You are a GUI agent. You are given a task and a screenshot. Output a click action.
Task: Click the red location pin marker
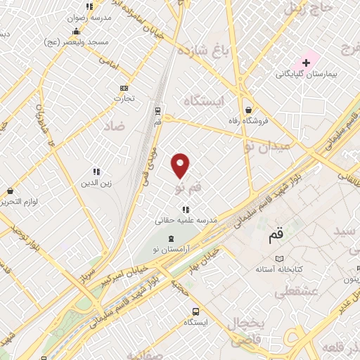pyautogui.click(x=181, y=165)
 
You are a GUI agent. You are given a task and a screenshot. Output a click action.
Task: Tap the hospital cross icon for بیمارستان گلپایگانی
pyautogui.click(x=307, y=63)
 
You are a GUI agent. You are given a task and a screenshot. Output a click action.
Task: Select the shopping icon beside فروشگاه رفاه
pyautogui.click(x=249, y=109)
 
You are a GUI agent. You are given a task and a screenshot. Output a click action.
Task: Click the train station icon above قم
pyautogui.click(x=158, y=110)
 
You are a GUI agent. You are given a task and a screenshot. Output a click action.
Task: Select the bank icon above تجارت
pyautogui.click(x=124, y=87)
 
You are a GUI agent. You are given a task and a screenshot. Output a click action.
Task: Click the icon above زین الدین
pyautogui.click(x=97, y=171)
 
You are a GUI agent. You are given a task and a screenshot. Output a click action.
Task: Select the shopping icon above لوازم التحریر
pyautogui.click(x=11, y=191)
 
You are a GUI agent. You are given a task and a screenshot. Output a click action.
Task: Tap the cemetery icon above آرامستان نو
pyautogui.click(x=171, y=239)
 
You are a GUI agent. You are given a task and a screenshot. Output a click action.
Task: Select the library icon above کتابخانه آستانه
pyautogui.click(x=280, y=258)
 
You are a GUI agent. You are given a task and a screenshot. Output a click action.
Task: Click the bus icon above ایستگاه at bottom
pyautogui.click(x=195, y=311)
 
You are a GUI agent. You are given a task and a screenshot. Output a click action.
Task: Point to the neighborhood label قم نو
pyautogui.click(x=188, y=188)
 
